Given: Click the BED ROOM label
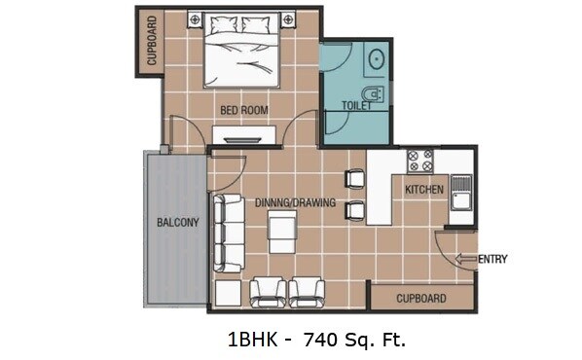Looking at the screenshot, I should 243,110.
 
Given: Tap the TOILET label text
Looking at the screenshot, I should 356,105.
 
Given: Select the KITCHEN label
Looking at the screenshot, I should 424,189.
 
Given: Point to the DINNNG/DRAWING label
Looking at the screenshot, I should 295,203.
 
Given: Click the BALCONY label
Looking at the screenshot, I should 177,222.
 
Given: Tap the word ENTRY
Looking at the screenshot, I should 492,259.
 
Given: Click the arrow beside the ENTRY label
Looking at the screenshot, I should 465,259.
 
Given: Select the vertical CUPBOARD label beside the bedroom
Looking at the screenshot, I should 152,42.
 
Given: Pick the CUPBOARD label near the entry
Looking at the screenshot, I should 421,298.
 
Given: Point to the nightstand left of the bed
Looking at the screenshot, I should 195,19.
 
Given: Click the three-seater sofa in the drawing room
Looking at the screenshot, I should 230,233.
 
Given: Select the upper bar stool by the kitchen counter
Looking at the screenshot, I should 354,179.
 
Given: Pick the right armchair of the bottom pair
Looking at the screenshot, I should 307,290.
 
